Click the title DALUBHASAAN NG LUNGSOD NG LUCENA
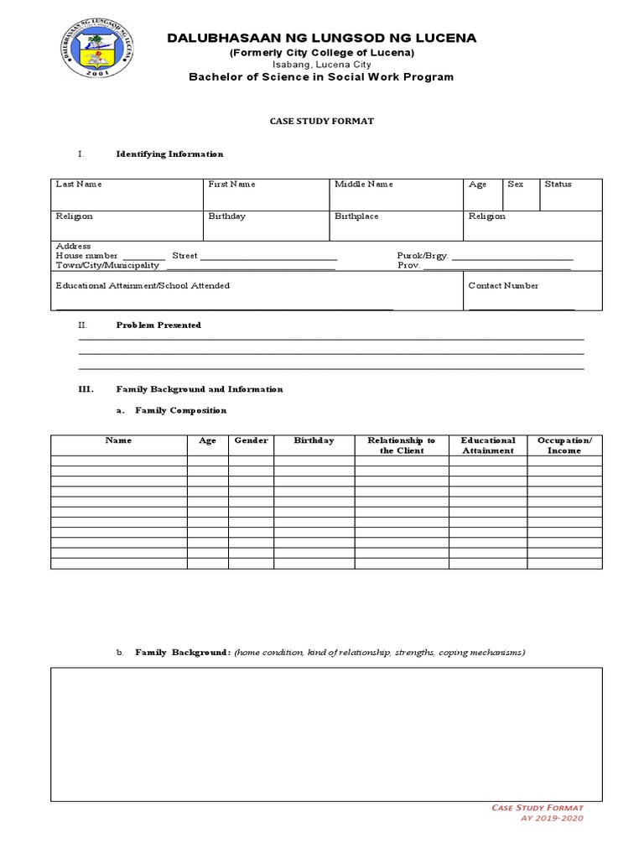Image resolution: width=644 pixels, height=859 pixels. click(322, 38)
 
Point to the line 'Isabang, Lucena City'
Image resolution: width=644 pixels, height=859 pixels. click(322, 65)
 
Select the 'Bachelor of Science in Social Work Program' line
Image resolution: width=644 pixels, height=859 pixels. click(322, 77)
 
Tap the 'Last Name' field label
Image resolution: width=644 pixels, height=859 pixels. click(79, 184)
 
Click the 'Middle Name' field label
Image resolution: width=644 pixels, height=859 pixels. click(363, 184)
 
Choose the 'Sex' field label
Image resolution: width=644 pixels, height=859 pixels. click(515, 184)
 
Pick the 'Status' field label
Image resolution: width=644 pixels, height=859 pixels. click(558, 184)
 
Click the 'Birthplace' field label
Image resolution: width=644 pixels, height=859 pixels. click(356, 216)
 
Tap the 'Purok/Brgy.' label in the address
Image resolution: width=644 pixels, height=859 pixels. click(423, 255)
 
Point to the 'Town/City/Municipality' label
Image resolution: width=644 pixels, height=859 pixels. click(107, 265)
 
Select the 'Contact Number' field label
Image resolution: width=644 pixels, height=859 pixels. click(503, 285)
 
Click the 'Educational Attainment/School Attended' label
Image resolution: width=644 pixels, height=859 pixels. click(143, 285)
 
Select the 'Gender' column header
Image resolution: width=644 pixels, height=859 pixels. click(251, 440)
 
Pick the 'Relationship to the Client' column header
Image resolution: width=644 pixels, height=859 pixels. click(402, 445)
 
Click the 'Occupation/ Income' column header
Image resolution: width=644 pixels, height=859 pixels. click(564, 445)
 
